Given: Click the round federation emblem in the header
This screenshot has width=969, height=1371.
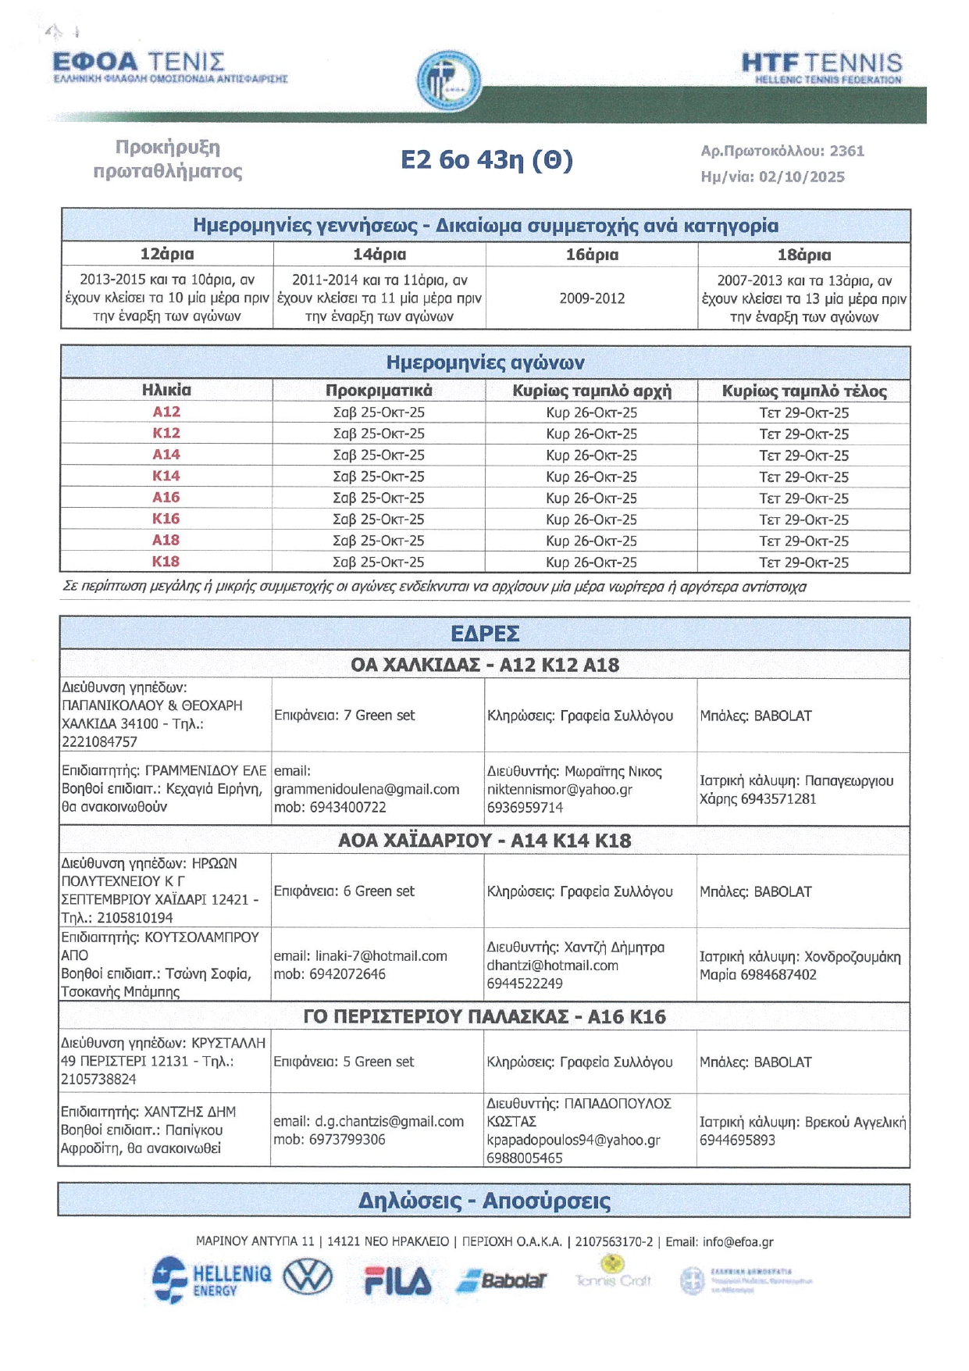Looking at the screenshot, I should [448, 80].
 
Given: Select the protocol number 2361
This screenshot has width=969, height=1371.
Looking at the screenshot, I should [847, 151].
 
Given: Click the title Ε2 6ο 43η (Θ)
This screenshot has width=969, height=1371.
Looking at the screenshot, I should [486, 160].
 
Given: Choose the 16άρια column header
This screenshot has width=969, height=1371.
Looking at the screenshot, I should [592, 255].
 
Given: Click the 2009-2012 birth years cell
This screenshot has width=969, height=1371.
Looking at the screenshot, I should [592, 298].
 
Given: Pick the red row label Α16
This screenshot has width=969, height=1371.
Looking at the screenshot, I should [166, 498].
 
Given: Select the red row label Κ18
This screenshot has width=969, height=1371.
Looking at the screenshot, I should [166, 562].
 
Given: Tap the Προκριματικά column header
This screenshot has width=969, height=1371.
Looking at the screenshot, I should [379, 391].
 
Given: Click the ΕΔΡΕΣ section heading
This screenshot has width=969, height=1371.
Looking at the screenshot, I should [485, 634].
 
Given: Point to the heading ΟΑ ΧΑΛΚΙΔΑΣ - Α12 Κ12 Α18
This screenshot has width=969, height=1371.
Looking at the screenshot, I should [485, 665].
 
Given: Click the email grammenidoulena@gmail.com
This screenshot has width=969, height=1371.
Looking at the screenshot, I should [366, 789].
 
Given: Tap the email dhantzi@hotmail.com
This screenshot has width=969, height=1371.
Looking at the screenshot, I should [552, 966].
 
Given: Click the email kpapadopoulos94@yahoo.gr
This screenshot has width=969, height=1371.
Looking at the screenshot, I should [573, 1140].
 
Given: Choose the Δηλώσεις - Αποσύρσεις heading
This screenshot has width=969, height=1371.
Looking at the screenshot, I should [484, 1201].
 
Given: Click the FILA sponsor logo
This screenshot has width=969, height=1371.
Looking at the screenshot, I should [397, 1281].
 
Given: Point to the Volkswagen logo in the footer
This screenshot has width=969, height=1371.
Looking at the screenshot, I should [308, 1278].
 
